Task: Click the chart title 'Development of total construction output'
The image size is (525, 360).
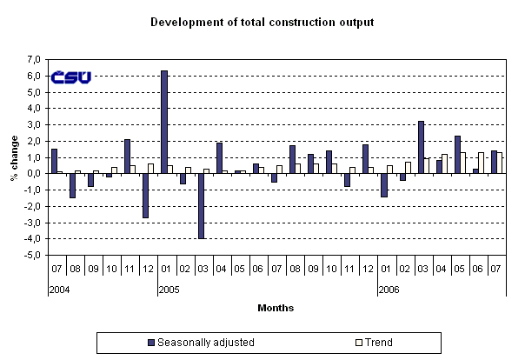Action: (262, 21)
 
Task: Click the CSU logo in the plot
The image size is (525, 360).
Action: (70, 77)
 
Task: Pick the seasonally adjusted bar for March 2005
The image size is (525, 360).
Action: (201, 205)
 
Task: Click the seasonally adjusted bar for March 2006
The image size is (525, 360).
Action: (421, 147)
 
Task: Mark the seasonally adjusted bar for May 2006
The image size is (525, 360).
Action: (457, 154)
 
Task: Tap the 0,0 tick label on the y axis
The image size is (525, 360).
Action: (34, 174)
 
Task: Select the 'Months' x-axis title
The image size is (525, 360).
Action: (276, 308)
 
